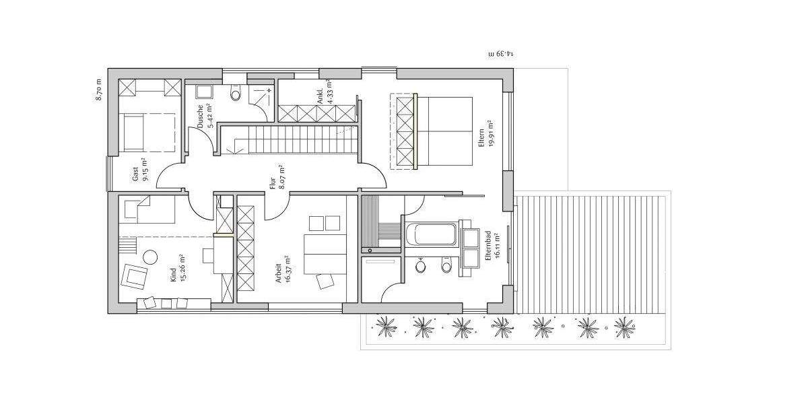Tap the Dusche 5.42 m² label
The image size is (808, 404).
click(205, 115)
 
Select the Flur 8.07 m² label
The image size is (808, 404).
click(277, 178)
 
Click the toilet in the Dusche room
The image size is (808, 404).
click(235, 94)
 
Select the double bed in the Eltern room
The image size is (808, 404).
click(444, 131)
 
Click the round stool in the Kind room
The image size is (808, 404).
click(150, 256)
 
